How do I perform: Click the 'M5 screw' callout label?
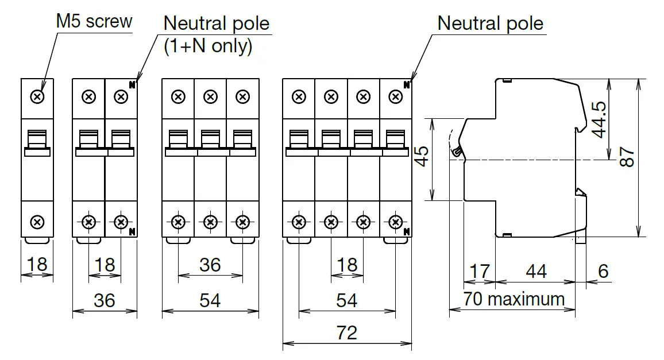(x=94, y=21)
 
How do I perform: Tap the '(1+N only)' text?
(x=208, y=46)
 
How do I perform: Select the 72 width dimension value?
(x=346, y=332)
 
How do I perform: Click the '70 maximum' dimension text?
(x=514, y=299)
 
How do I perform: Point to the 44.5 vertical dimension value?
(x=599, y=119)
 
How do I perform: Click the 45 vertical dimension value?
(x=422, y=156)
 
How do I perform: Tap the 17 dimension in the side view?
(x=480, y=271)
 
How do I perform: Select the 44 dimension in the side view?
(x=536, y=271)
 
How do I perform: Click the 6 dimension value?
(x=603, y=271)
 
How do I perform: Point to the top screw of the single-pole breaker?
(x=37, y=97)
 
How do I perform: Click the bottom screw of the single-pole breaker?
(x=37, y=222)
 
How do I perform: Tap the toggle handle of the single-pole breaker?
(x=37, y=143)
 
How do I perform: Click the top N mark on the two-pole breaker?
(x=132, y=85)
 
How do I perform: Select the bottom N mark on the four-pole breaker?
(x=407, y=231)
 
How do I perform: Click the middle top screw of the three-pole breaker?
(x=210, y=97)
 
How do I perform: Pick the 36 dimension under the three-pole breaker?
(x=210, y=265)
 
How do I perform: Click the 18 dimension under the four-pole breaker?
(x=347, y=265)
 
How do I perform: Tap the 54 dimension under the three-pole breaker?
(x=210, y=300)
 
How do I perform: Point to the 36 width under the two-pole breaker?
(x=104, y=300)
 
